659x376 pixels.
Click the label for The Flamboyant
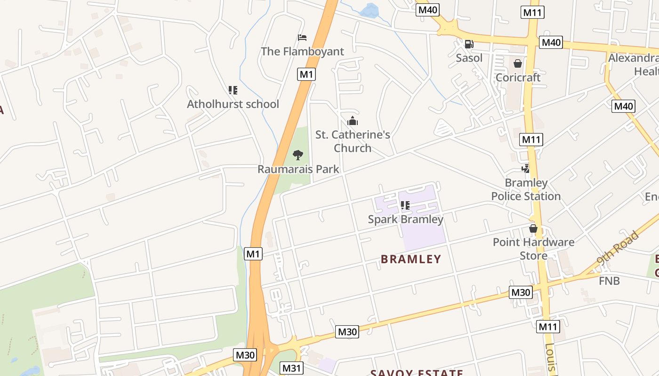(302, 51)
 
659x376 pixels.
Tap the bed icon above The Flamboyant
(302, 38)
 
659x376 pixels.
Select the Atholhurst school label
(233, 104)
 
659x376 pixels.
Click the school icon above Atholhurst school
(233, 90)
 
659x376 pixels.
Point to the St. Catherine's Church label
(353, 141)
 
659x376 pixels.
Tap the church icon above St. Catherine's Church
(353, 121)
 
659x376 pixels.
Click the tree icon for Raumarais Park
(298, 155)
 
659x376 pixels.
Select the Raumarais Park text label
(298, 169)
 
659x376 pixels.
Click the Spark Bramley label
(405, 219)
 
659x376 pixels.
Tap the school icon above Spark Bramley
(405, 205)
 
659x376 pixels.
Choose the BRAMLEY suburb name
(411, 259)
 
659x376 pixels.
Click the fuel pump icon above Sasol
(469, 44)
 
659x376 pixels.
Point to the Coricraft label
(518, 78)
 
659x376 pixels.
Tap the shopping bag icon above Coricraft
(518, 63)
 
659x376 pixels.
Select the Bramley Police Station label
(526, 189)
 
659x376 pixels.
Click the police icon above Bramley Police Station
(526, 168)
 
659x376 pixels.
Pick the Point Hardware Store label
(533, 249)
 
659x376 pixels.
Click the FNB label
(609, 281)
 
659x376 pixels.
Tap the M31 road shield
(292, 368)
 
